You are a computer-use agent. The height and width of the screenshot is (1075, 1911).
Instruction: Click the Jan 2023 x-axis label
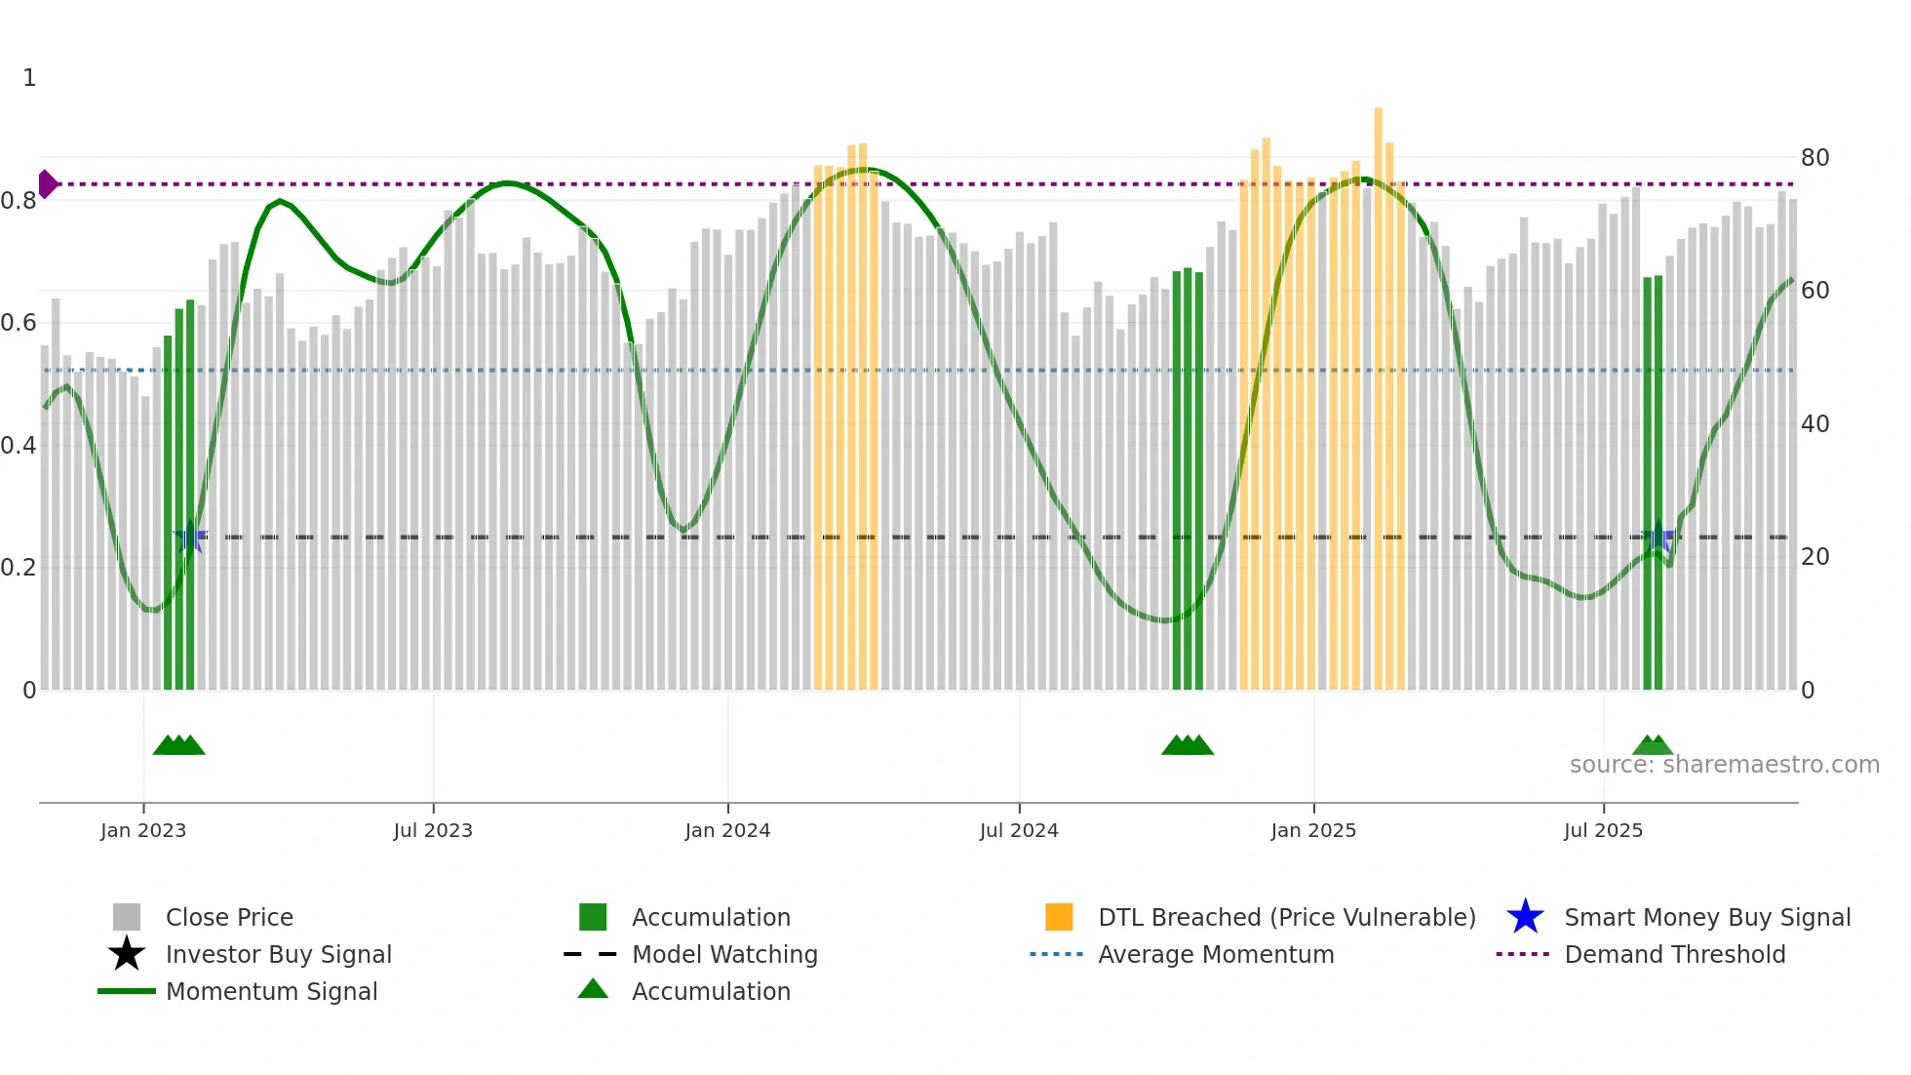(x=143, y=830)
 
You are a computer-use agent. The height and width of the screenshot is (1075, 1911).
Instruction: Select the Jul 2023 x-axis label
(x=433, y=830)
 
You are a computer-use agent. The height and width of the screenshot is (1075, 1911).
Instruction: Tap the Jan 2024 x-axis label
(x=727, y=830)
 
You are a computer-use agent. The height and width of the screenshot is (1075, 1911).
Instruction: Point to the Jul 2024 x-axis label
(x=1019, y=830)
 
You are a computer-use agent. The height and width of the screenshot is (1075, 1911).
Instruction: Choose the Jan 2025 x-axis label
(x=1313, y=830)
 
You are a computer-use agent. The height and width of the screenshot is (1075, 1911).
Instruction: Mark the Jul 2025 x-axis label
(x=1603, y=830)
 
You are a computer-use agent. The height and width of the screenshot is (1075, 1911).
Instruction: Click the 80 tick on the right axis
(x=1814, y=157)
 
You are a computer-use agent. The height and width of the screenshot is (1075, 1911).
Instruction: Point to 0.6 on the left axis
(x=19, y=323)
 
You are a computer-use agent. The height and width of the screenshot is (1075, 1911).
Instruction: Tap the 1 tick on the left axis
(x=29, y=78)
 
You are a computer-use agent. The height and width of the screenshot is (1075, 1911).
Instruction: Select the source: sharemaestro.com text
(x=1724, y=765)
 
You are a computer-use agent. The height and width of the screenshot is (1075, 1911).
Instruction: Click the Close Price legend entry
(x=229, y=917)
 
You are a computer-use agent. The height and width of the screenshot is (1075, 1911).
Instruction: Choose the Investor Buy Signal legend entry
(x=278, y=954)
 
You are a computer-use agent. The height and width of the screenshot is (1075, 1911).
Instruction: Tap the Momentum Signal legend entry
(x=271, y=991)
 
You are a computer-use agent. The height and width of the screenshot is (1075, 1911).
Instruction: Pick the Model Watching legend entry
(x=724, y=954)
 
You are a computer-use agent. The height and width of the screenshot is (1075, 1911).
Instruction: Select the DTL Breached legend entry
(x=1286, y=917)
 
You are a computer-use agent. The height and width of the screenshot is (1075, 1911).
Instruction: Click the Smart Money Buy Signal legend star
(x=1525, y=917)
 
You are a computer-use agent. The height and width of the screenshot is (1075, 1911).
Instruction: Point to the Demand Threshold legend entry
(x=1674, y=954)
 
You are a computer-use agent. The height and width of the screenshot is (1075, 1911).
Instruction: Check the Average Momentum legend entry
(x=1216, y=954)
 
